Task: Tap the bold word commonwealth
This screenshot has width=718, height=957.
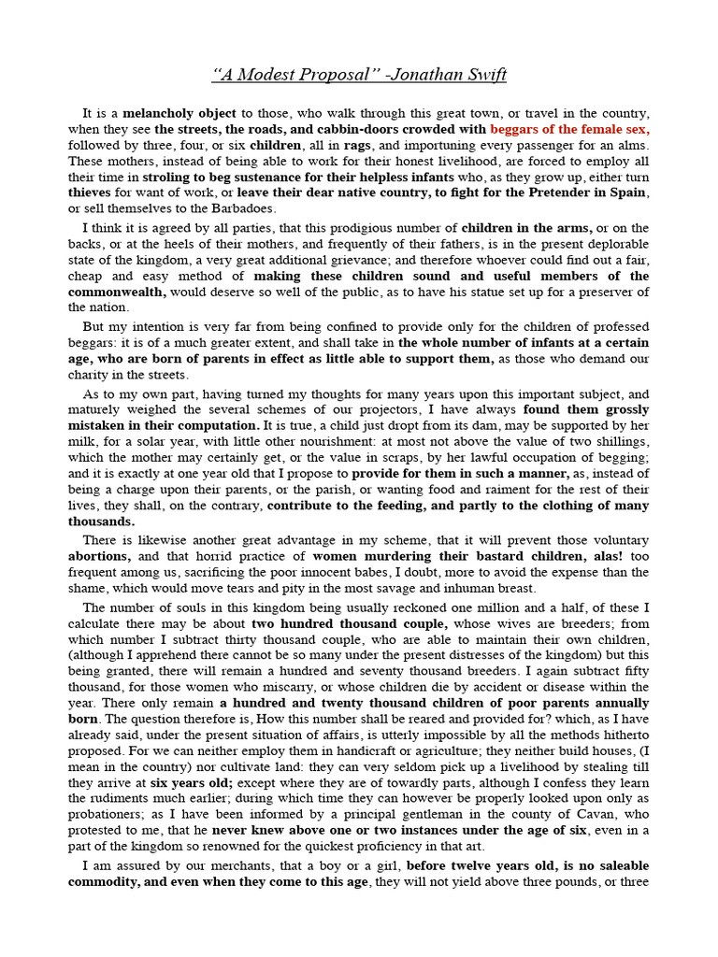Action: tap(117, 292)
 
